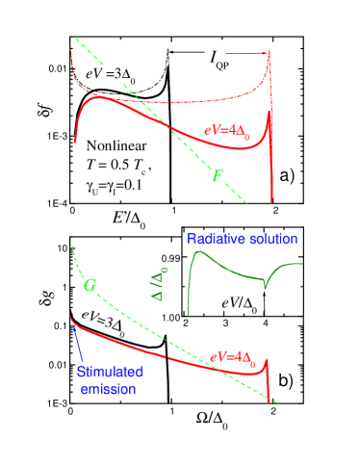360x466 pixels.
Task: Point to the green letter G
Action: coord(90,286)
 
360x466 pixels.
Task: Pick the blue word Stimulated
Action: coord(110,373)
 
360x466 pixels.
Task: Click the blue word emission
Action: coord(109,388)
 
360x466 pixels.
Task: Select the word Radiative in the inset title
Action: coord(218,239)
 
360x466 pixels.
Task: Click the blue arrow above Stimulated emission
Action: coord(75,337)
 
